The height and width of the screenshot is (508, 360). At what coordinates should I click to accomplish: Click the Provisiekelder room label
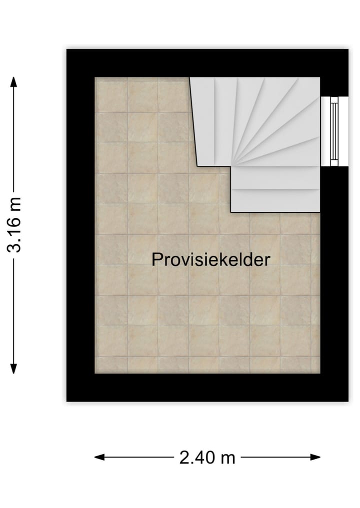click(x=210, y=260)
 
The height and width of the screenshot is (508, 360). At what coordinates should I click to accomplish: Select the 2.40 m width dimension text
click(x=207, y=457)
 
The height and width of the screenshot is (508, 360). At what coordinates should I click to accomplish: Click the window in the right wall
click(x=333, y=131)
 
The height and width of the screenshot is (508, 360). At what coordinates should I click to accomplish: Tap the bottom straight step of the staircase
click(x=275, y=201)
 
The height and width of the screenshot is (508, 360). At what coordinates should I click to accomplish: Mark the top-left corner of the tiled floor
click(x=95, y=77)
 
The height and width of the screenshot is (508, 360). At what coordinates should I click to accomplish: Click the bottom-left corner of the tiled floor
click(x=95, y=373)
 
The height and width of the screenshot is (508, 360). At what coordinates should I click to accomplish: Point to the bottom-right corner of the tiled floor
click(x=319, y=373)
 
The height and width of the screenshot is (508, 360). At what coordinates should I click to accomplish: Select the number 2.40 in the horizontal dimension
click(x=198, y=457)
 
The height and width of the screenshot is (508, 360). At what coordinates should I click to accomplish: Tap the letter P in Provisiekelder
click(x=157, y=260)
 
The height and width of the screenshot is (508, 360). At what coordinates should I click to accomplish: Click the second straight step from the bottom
click(x=275, y=183)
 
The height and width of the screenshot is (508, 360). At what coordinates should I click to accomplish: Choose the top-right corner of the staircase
click(x=319, y=77)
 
